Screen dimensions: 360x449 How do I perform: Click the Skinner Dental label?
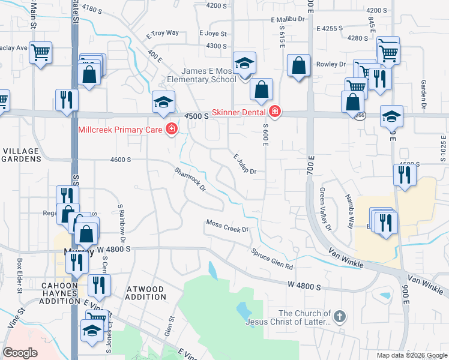pos(240,111)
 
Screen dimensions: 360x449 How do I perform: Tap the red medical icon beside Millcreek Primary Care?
pos(172,129)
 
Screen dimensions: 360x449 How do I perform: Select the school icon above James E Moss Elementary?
pos(244,64)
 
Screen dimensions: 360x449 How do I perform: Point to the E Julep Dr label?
pos(245,164)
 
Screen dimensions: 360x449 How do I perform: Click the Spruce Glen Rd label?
pos(272,259)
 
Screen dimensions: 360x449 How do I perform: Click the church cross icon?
pos(339,316)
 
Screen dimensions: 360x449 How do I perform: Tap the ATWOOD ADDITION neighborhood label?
pos(146,293)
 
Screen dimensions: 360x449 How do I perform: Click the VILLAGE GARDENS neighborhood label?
pos(22,155)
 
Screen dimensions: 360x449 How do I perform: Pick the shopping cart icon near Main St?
pos(40,53)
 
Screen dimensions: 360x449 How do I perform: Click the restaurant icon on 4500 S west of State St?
pos(66,100)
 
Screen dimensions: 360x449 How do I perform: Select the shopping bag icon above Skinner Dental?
pos(261,90)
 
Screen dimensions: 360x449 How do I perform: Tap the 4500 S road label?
pos(196,116)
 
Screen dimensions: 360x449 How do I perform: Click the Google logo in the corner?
pos(20,353)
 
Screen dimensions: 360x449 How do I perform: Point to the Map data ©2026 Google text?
pos(411,355)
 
